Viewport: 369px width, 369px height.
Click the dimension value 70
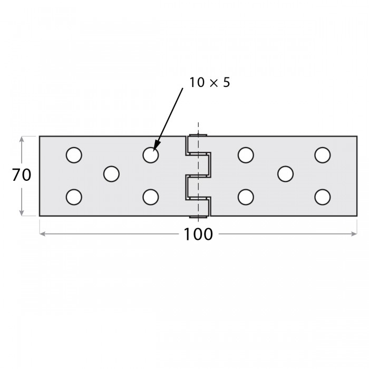pyautogui.click(x=22, y=175)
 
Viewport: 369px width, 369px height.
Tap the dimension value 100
pyautogui.click(x=198, y=234)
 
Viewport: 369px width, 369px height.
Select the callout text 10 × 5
pyautogui.click(x=209, y=83)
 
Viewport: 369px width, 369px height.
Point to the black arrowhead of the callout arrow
pyautogui.click(x=156, y=145)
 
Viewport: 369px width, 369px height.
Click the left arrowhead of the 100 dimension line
pyautogui.click(x=42, y=234)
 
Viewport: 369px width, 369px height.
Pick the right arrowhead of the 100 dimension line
pyautogui.click(x=354, y=234)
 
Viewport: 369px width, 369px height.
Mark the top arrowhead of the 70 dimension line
pyautogui.click(x=22, y=140)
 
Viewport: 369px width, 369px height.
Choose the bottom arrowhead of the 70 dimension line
pyautogui.click(x=22, y=212)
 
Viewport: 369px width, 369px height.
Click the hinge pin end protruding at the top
pyautogui.click(x=198, y=135)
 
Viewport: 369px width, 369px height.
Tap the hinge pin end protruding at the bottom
pyautogui.click(x=198, y=217)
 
